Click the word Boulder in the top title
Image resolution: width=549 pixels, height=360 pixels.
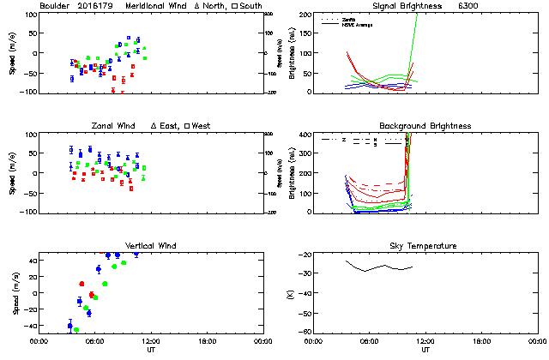tap(55, 6)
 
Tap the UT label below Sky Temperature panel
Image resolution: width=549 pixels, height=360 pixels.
tap(425, 350)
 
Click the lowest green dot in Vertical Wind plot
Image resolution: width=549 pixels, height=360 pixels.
tap(76, 329)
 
